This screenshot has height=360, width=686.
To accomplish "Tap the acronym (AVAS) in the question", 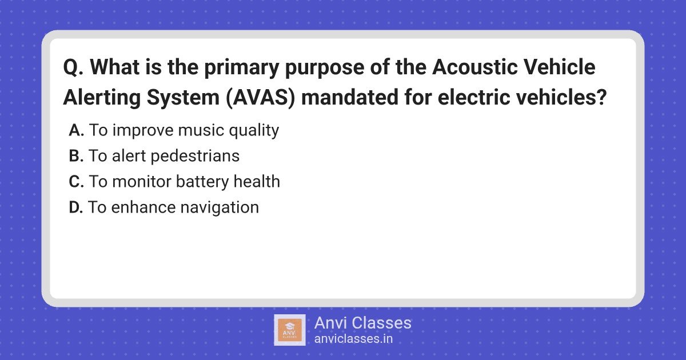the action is tap(261, 97).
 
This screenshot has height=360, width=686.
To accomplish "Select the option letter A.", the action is tap(76, 130).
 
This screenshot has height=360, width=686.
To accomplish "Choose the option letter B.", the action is tap(76, 156).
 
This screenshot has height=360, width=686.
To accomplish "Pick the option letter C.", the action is tap(76, 182).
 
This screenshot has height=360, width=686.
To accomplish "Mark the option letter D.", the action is tap(76, 207).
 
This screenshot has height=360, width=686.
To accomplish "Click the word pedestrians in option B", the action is tap(195, 156).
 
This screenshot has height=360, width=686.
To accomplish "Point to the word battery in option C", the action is tap(202, 182).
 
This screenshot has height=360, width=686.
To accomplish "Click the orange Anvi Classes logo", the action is tap(290, 330).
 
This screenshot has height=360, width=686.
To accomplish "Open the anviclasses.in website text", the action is tap(353, 339).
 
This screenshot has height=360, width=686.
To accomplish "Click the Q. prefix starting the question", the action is tap(73, 67).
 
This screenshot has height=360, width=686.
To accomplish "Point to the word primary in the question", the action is tap(242, 67).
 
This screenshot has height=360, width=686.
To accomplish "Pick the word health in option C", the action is tap(257, 182).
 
